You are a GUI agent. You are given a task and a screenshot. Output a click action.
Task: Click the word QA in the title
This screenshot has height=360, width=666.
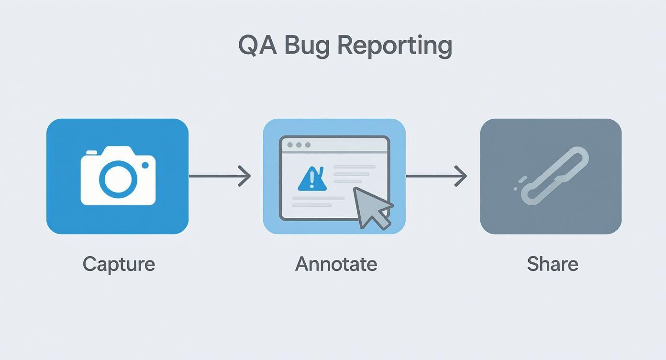pos(257,46)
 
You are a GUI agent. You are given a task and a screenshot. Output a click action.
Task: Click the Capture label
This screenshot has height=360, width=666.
pos(119,264)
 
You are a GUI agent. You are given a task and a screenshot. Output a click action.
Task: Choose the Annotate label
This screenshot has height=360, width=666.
pos(336,264)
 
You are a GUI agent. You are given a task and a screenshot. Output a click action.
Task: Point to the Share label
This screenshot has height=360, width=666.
pos(553,264)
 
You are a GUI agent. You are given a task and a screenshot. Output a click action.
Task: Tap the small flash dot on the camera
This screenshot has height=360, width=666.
pos(145,165)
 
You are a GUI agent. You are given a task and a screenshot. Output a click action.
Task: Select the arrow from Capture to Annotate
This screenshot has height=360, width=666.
pos(220,176)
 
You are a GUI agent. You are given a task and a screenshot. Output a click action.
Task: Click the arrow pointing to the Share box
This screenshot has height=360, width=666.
pos(436,176)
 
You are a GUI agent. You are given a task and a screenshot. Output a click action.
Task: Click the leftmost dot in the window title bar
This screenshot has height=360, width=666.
pos(289,145)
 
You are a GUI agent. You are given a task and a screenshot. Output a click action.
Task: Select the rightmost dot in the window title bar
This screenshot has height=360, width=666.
pos(307,145)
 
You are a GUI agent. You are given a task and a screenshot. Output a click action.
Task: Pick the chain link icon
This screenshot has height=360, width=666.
pos(555,176)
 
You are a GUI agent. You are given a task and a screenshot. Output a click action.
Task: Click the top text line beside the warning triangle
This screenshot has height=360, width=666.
pos(354,167)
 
